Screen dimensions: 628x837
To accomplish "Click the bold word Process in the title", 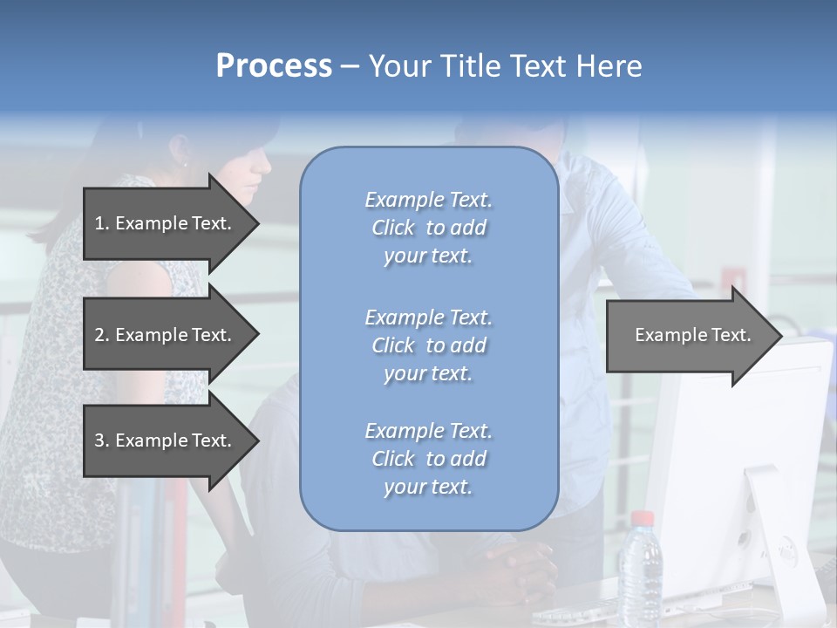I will [x=274, y=66].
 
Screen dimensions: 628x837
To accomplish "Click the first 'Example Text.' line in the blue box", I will [x=428, y=200].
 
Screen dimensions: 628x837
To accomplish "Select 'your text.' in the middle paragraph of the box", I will [x=428, y=373].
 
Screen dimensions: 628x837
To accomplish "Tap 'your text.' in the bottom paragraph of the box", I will [x=428, y=487].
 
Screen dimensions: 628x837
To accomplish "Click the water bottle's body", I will [x=640, y=576].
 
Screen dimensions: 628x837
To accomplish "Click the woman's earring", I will [x=185, y=163].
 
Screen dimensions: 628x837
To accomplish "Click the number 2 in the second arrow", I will [x=99, y=335].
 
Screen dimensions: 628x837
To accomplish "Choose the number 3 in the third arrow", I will [x=99, y=440].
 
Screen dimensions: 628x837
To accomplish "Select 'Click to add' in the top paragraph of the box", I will [x=428, y=228].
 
